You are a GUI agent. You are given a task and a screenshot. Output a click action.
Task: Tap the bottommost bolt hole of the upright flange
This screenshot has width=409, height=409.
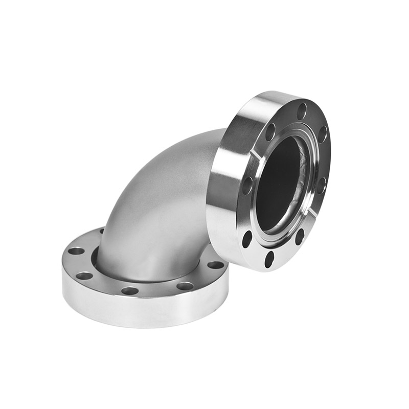pyautogui.click(x=269, y=259)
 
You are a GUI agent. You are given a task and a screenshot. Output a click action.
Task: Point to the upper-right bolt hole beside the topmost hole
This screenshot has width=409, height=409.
pyautogui.click(x=322, y=134)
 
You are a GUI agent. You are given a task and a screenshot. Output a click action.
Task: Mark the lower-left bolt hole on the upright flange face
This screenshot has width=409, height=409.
pyautogui.click(x=247, y=238)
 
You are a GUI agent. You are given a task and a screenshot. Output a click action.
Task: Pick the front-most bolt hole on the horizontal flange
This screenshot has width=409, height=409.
pyautogui.click(x=130, y=291)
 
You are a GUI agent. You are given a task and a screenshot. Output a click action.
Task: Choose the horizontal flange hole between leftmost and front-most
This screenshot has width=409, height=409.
pyautogui.click(x=84, y=276)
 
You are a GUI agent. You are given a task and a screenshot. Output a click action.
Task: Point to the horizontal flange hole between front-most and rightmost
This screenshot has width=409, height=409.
pyautogui.click(x=185, y=286)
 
